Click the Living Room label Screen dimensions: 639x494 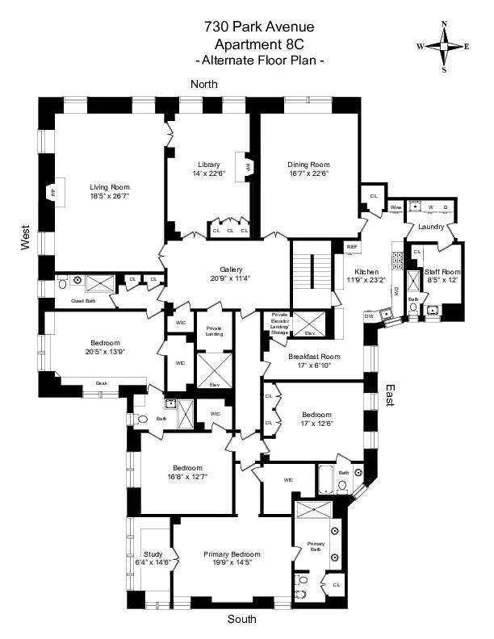109,187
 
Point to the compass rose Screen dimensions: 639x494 443,46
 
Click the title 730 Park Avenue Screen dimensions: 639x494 247,28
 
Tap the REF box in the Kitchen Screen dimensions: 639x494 352,247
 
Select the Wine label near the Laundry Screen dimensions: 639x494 395,207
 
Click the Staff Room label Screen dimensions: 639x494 442,273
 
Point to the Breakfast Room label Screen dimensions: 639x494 314,357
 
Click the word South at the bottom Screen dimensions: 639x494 241,619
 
